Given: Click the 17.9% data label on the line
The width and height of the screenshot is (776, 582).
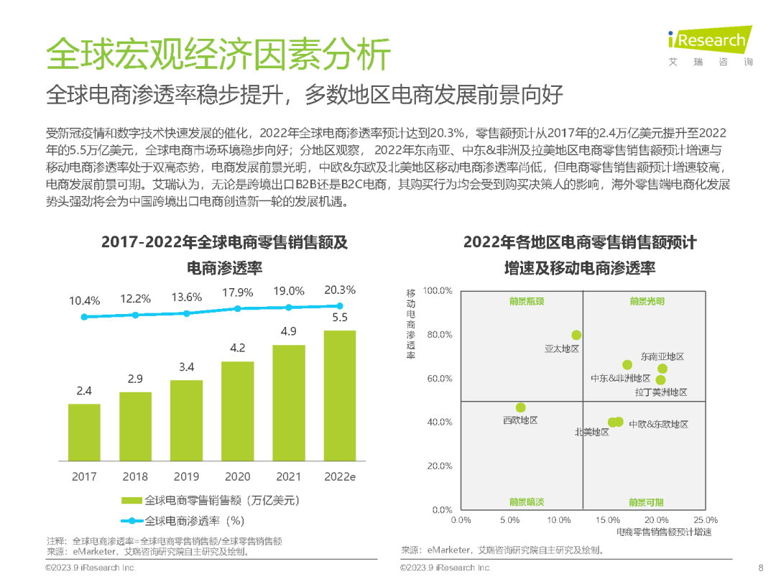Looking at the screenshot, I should pos(238,292).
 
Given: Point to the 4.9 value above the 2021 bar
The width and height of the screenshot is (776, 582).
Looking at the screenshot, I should pos(288,331).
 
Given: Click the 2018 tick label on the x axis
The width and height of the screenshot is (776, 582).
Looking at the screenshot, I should pos(135,476).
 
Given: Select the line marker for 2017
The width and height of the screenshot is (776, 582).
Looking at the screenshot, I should pos(84,316).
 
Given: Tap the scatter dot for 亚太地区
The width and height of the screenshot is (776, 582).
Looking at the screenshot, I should pos(576,335).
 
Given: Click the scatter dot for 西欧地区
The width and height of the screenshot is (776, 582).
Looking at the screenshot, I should pos(520,407).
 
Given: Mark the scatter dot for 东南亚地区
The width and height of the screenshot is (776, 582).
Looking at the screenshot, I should pos(662,369).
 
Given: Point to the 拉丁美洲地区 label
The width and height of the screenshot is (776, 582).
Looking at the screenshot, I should pos(661,392).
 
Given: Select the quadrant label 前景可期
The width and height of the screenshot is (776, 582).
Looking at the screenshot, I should pos(646,502).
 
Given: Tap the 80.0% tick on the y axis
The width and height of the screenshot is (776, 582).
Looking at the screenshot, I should pos(439,335).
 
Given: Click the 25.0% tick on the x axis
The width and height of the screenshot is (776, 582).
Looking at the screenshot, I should pos(706,519).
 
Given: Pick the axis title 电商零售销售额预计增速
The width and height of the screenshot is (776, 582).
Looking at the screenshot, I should pos(664,532).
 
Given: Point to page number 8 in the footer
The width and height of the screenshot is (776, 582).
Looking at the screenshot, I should pos(761,568).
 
